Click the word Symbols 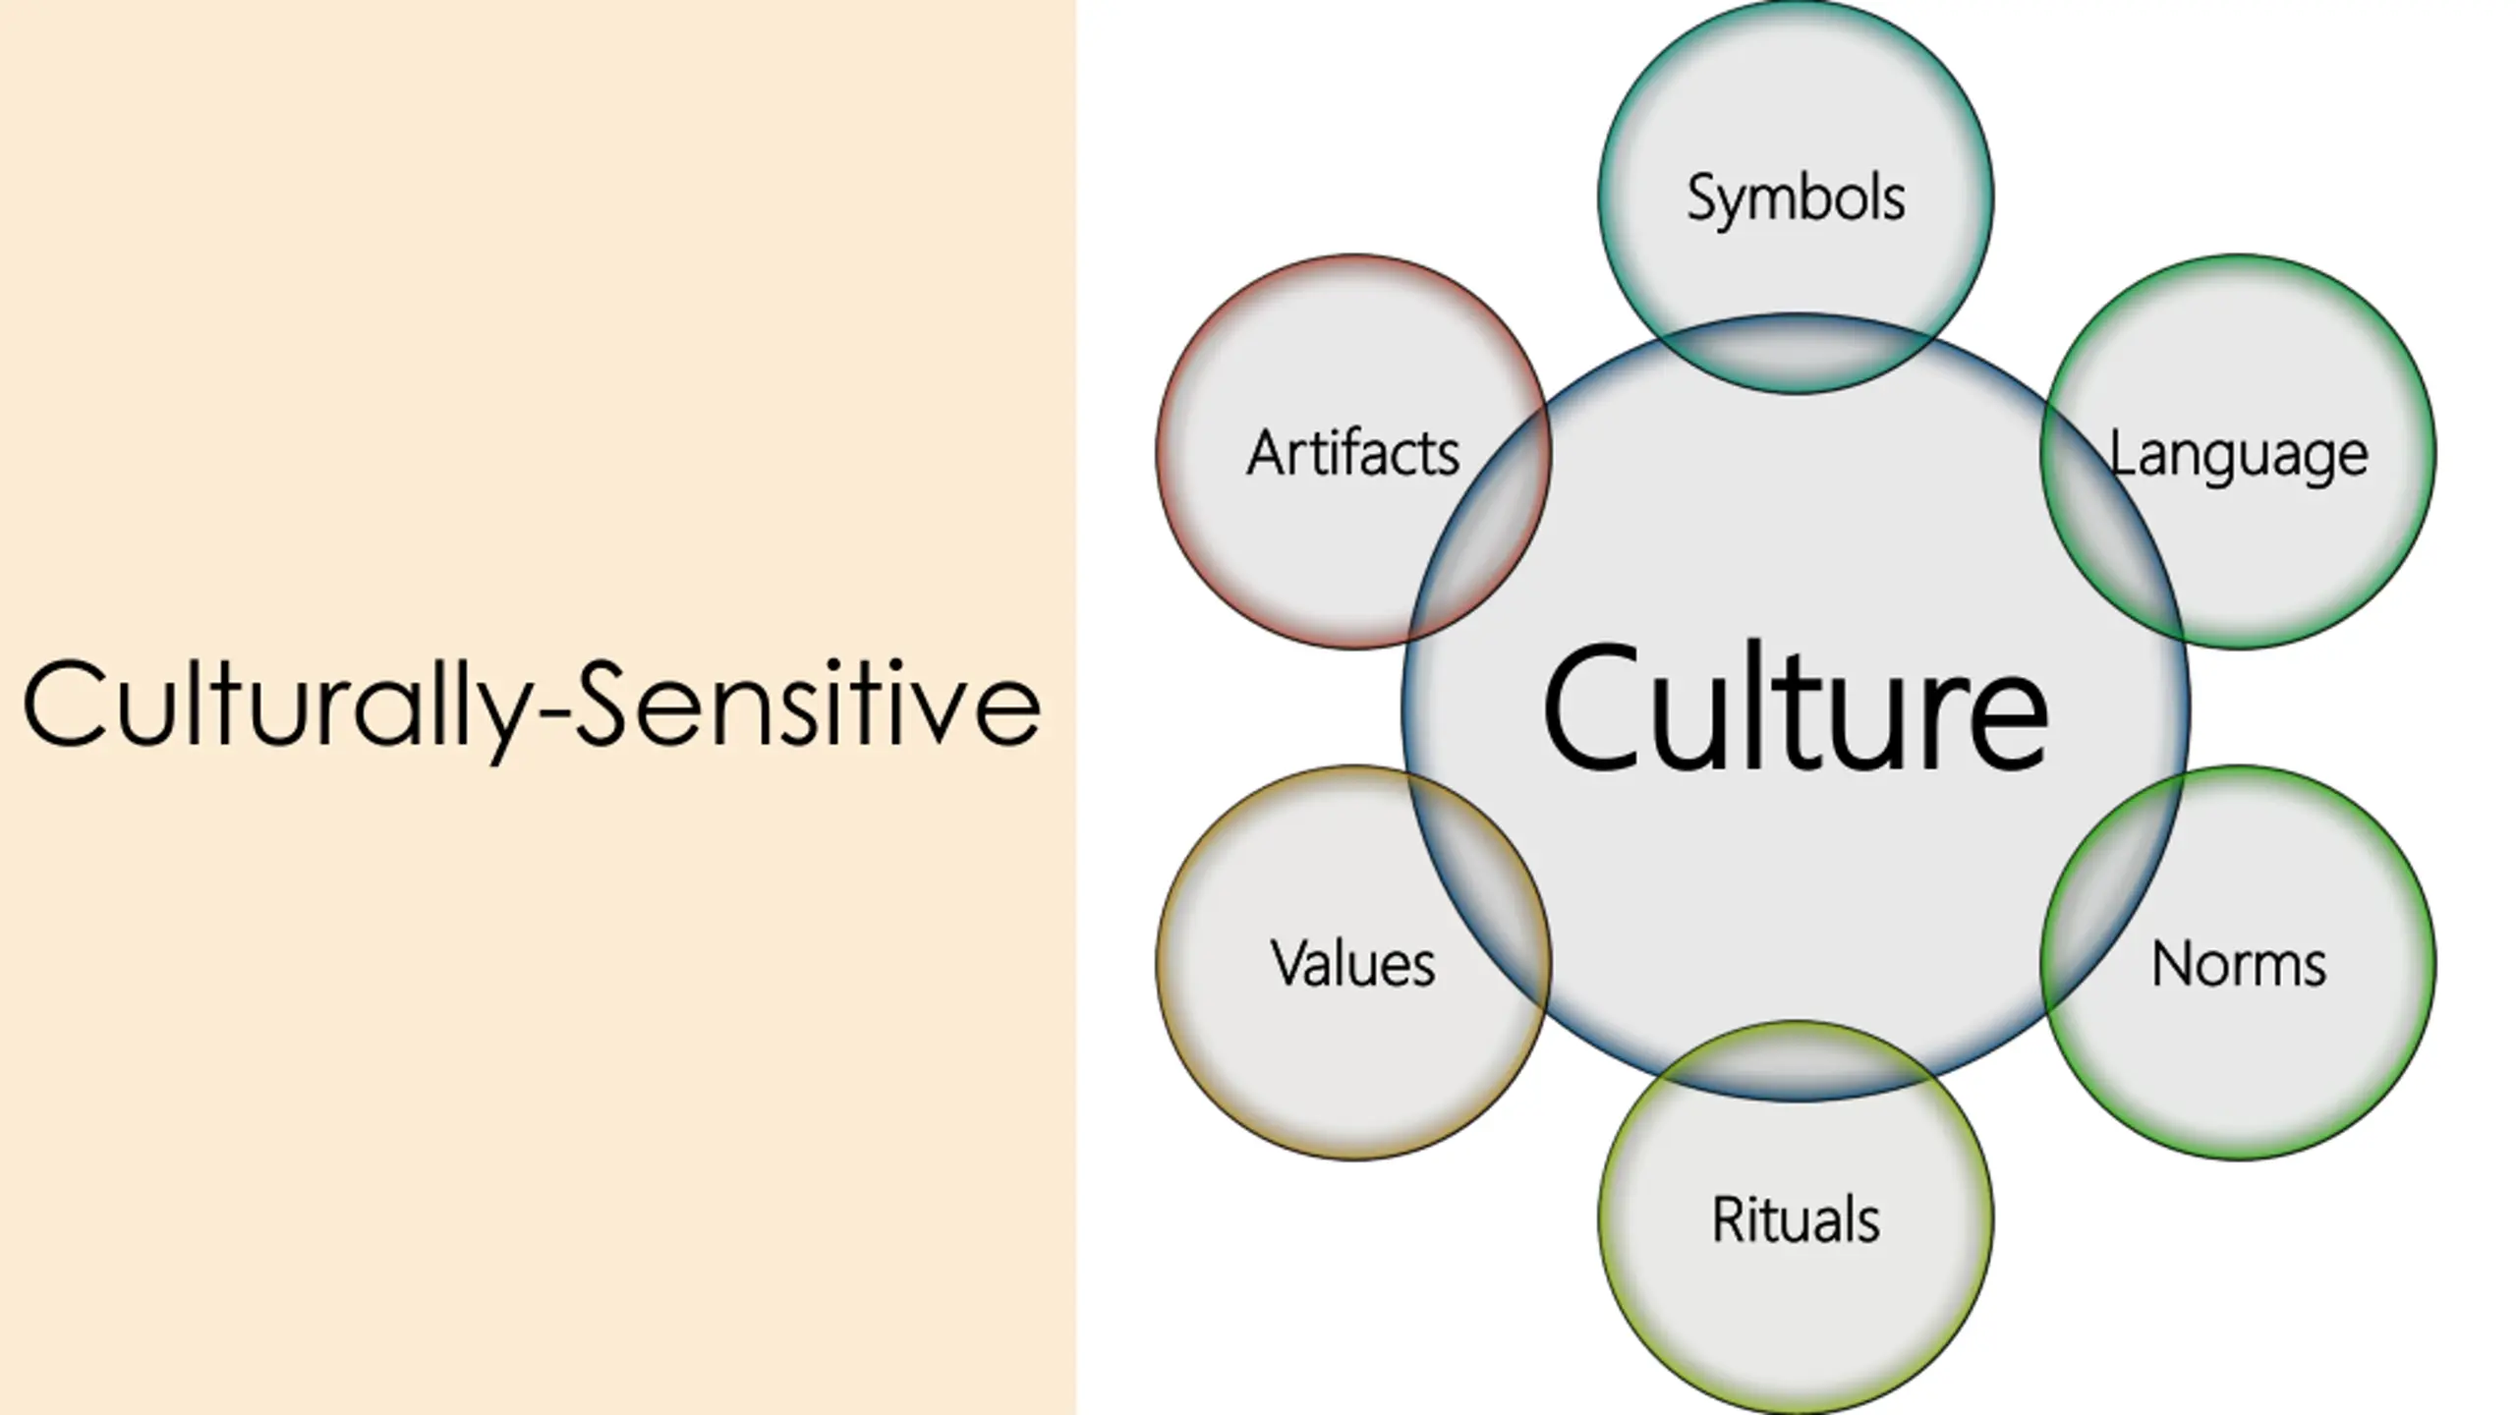1796,198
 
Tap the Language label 2239,455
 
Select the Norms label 2239,964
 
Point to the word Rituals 1796,1220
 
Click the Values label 1352,964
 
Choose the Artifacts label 1352,454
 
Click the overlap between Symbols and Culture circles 1796,355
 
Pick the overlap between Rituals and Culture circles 1796,1061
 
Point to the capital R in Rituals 1727,1219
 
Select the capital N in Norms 2170,964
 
